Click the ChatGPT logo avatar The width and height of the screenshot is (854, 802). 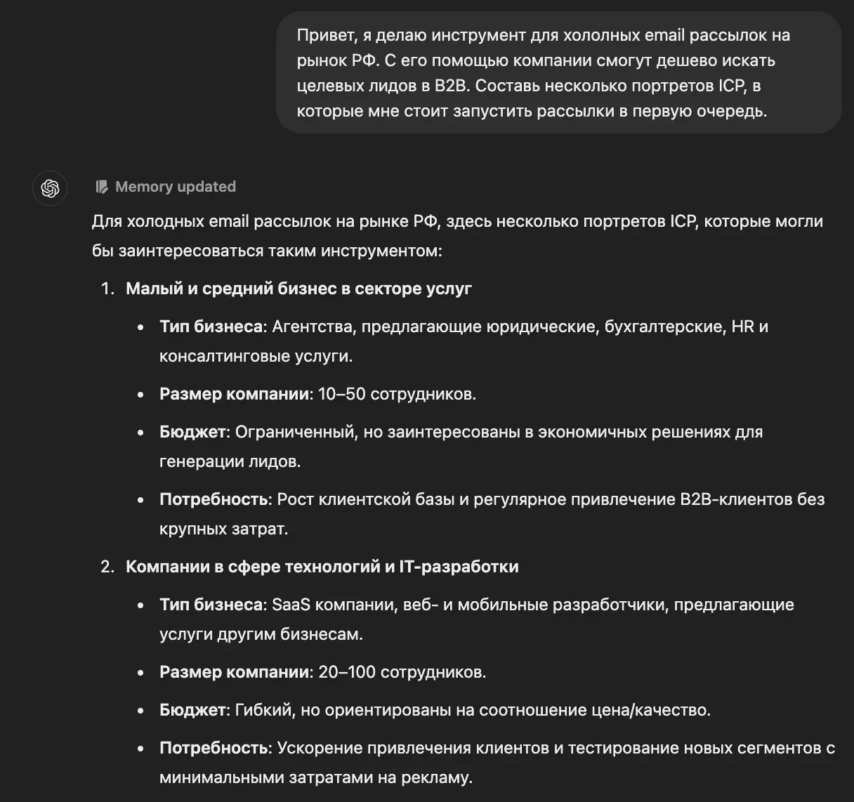click(x=50, y=188)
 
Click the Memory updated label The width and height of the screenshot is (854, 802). click(x=175, y=187)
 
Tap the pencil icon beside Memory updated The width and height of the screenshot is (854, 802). click(x=102, y=187)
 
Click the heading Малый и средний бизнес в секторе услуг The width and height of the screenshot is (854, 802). click(x=298, y=289)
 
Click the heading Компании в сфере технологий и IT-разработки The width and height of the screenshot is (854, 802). click(x=322, y=567)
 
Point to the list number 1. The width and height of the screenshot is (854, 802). click(x=107, y=289)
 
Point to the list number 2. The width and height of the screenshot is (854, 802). click(x=107, y=567)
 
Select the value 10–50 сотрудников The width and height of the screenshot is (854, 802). click(x=397, y=394)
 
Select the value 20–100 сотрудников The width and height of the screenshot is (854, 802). click(x=402, y=672)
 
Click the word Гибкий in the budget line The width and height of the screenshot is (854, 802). click(x=265, y=710)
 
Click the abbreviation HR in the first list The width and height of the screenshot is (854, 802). click(x=742, y=327)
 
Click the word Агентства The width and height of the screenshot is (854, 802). click(x=313, y=327)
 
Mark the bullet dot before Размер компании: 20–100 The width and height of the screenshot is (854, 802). click(x=142, y=673)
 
